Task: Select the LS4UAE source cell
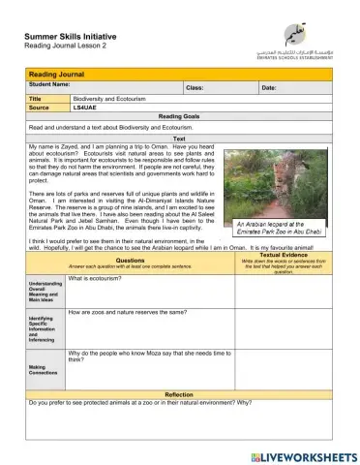[85, 108]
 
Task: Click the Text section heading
[179, 139]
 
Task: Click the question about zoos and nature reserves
[132, 313]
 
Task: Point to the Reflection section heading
[179, 394]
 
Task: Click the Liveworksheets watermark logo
[303, 454]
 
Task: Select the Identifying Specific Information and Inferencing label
[45, 328]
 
